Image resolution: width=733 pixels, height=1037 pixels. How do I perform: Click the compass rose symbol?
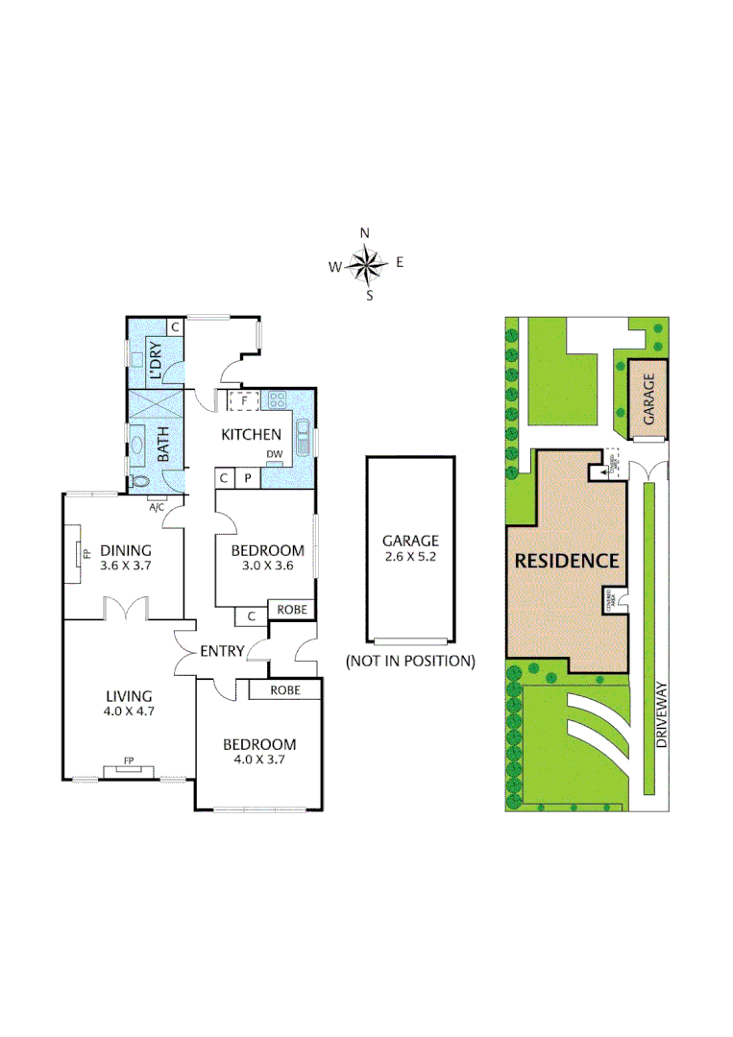(366, 264)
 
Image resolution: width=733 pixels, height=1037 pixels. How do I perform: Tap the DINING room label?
(126, 551)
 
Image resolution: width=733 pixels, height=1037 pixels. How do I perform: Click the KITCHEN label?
(252, 434)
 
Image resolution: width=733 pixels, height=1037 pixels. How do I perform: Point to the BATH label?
(163, 446)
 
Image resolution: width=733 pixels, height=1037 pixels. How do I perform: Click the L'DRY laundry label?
(156, 361)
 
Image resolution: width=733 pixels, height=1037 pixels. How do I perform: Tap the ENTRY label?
(222, 651)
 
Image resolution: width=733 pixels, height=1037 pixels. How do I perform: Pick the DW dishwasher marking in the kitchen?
(275, 454)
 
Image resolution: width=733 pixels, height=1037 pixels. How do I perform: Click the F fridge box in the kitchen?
(245, 399)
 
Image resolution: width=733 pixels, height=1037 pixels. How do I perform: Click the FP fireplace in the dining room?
(83, 555)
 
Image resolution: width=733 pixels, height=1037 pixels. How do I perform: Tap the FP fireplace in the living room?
(127, 764)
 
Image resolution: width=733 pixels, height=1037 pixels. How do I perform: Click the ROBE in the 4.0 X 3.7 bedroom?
(284, 689)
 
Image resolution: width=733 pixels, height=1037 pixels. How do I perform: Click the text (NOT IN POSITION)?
(410, 661)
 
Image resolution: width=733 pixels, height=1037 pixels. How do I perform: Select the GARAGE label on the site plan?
(649, 398)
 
